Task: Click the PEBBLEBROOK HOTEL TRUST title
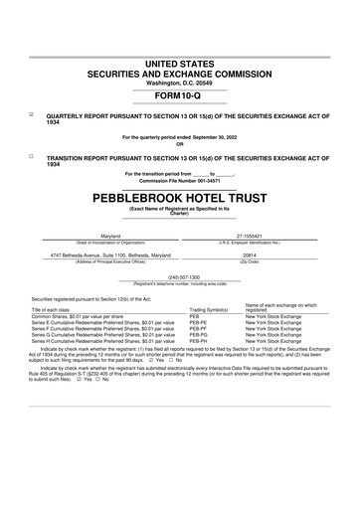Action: pyautogui.click(x=179, y=199)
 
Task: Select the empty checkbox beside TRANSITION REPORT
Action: pyautogui.click(x=31, y=156)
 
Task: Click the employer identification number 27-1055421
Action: pyautogui.click(x=264, y=236)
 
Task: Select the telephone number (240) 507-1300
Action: pyautogui.click(x=179, y=276)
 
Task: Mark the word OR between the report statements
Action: pyautogui.click(x=179, y=142)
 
